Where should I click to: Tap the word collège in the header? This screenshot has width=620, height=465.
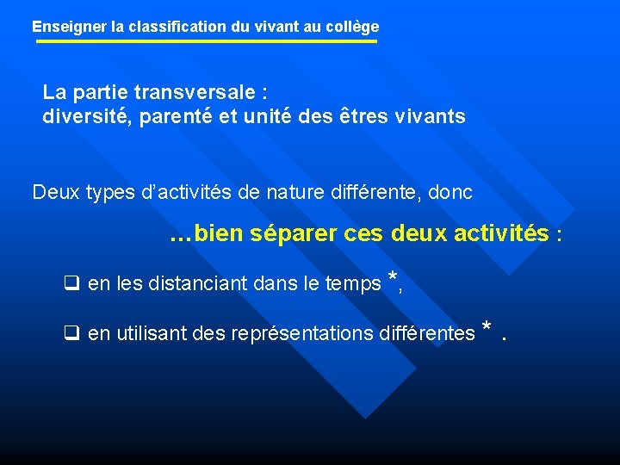353,27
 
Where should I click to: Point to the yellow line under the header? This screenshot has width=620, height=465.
207,41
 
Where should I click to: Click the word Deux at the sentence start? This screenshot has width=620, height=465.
56,193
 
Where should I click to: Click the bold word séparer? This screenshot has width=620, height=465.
294,233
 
